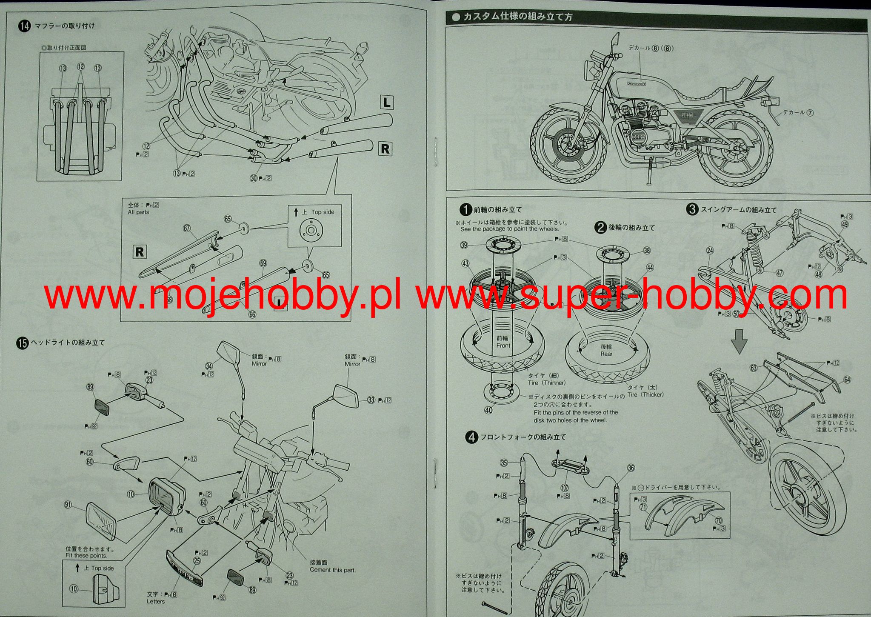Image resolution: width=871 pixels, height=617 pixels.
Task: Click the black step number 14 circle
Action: tap(24, 26)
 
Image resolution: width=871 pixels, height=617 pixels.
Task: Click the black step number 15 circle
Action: tap(23, 343)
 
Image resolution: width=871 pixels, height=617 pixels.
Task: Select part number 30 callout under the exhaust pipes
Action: tap(254, 178)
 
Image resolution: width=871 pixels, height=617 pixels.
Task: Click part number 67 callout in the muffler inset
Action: tap(186, 229)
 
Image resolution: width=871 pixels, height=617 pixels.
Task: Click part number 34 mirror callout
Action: tap(208, 366)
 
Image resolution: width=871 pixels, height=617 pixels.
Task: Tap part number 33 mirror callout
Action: tap(371, 400)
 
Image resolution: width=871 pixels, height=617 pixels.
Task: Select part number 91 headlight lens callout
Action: tap(68, 505)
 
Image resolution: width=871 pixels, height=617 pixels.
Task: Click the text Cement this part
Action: tap(332, 570)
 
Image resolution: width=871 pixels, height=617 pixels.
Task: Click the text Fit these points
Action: tap(86, 555)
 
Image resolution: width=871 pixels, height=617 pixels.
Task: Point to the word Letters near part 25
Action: tap(156, 601)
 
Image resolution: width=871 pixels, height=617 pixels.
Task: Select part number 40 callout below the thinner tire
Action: tap(488, 410)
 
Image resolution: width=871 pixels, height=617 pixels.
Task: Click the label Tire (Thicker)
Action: tap(645, 394)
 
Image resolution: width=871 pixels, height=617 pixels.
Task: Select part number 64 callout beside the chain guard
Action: tap(847, 380)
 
